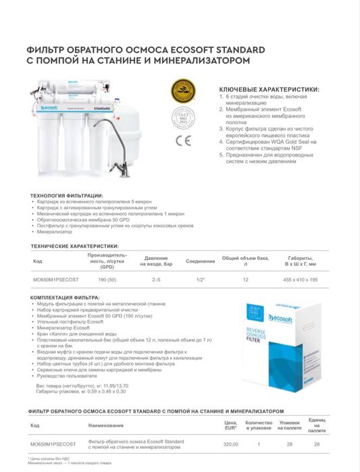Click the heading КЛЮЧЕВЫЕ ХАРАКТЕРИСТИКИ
[269, 89]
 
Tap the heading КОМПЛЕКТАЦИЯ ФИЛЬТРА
[66, 298]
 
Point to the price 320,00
[232, 444]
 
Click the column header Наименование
[106, 425]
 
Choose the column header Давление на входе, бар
[156, 261]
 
